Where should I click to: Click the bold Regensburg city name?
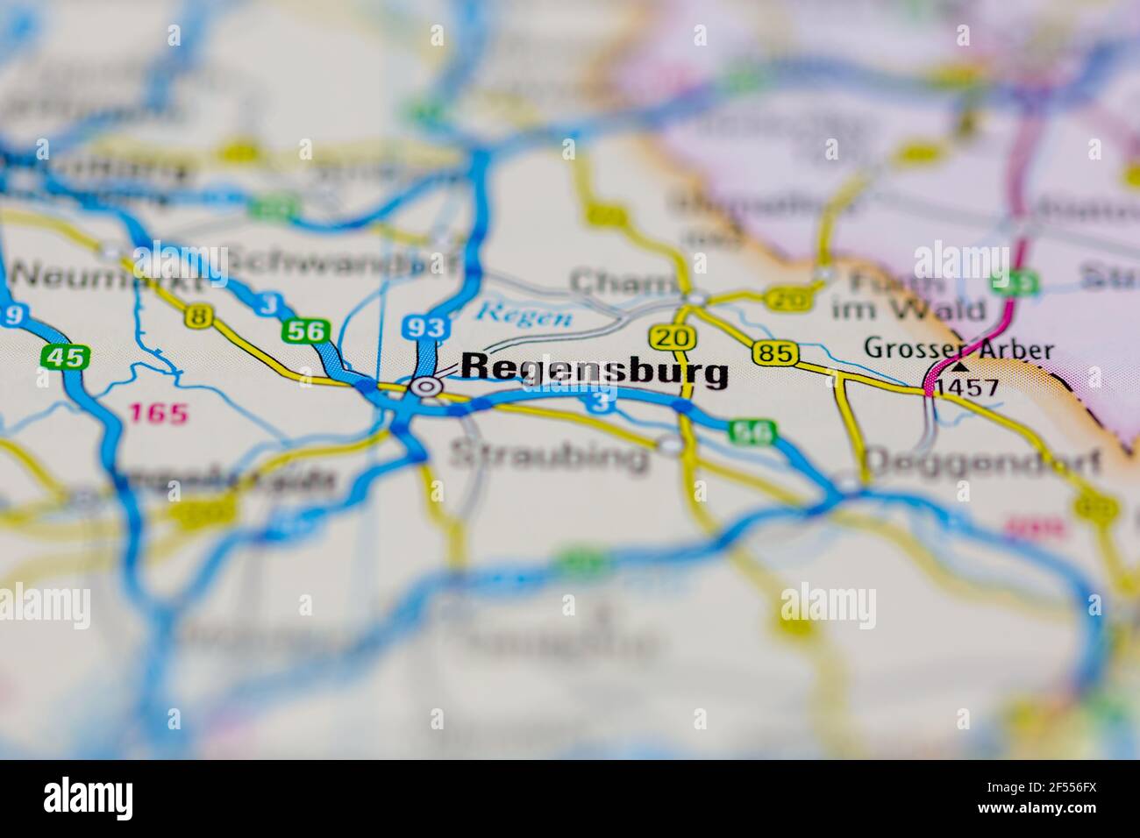tap(594, 371)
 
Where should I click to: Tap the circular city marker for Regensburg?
tap(427, 386)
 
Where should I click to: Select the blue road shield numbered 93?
tap(425, 328)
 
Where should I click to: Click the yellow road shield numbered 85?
tap(774, 353)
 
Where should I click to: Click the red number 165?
tap(159, 413)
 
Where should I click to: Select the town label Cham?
tap(623, 282)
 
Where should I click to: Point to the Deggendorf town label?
tap(982, 462)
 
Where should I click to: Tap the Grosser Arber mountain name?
tap(958, 348)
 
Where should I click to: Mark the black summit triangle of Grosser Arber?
tap(960, 366)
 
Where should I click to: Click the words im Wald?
tap(908, 309)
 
